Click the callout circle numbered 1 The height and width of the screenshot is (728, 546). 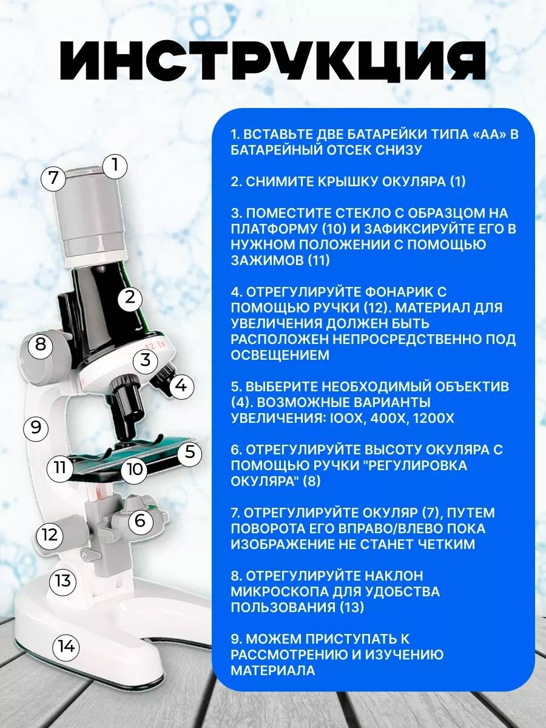tap(115, 166)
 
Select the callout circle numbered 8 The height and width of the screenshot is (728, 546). tap(41, 345)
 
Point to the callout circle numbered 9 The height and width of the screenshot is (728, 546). tap(36, 428)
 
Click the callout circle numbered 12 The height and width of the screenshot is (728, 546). tap(49, 534)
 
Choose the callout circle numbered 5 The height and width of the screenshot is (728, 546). tap(189, 453)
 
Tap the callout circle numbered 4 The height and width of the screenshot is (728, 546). tap(181, 386)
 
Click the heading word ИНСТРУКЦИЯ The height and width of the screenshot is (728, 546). tap(273, 61)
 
